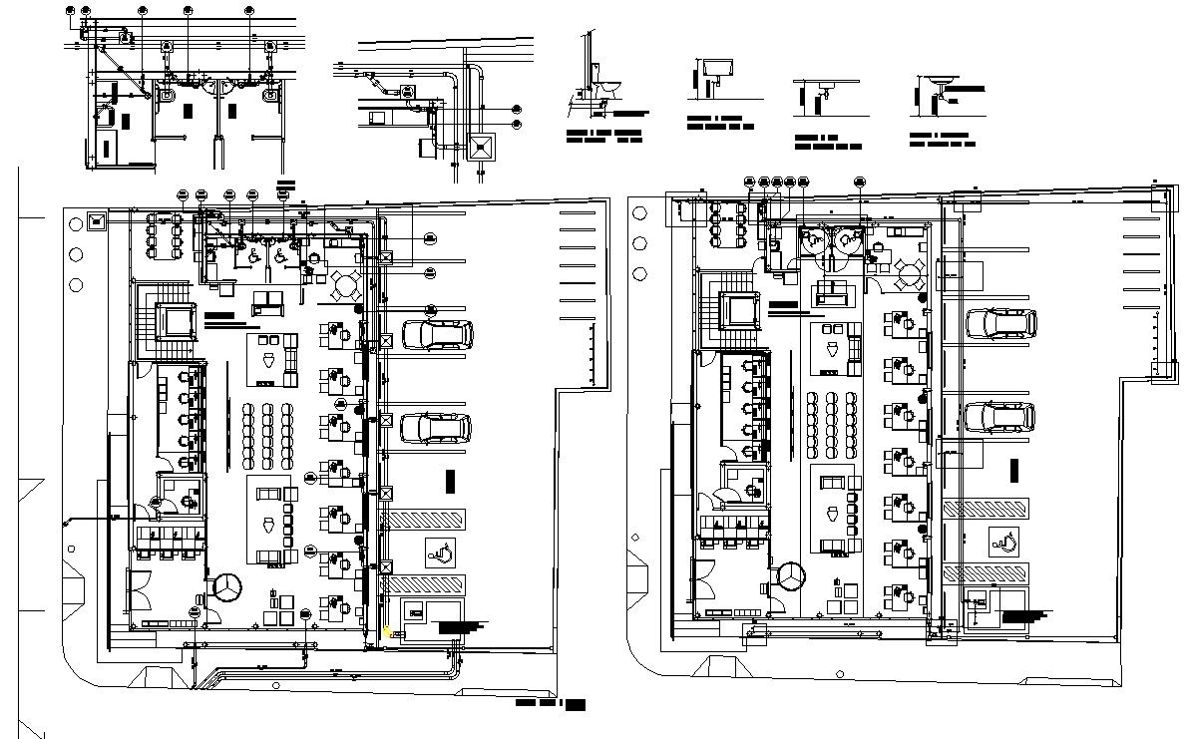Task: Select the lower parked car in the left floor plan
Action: (x=436, y=429)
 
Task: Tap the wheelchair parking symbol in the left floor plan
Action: (x=440, y=550)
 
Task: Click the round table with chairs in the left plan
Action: (x=346, y=285)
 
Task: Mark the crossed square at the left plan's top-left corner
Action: (x=97, y=220)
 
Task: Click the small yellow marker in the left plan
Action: (x=386, y=631)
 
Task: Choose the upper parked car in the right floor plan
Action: (x=1000, y=323)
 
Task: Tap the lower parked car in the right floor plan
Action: (x=1000, y=417)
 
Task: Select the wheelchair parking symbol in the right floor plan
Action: (x=1004, y=542)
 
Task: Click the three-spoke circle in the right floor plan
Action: (x=792, y=576)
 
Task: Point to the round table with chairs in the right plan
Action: (x=909, y=272)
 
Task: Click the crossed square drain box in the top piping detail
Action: (x=481, y=147)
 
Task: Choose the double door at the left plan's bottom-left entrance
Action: (x=140, y=589)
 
